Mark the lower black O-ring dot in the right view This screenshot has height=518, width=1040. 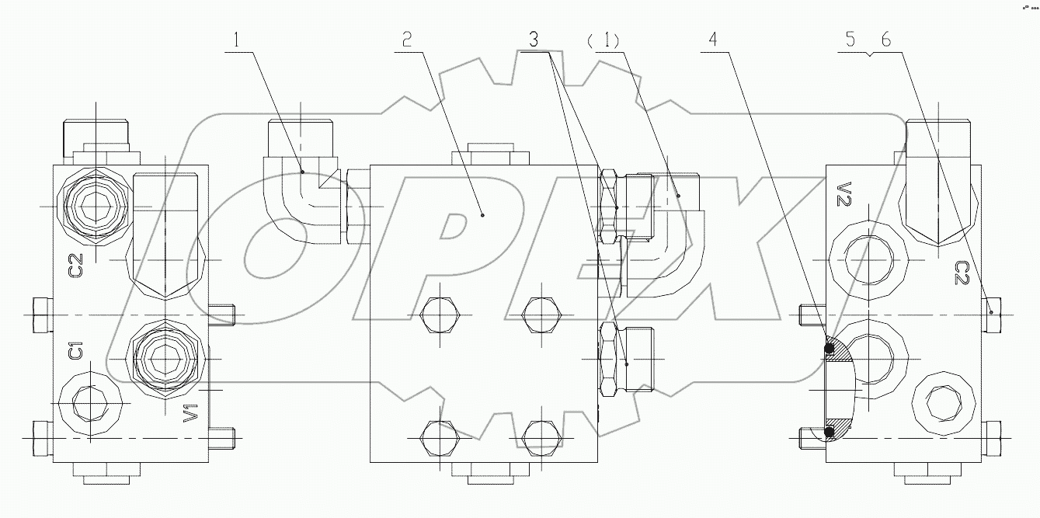pyautogui.click(x=830, y=431)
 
